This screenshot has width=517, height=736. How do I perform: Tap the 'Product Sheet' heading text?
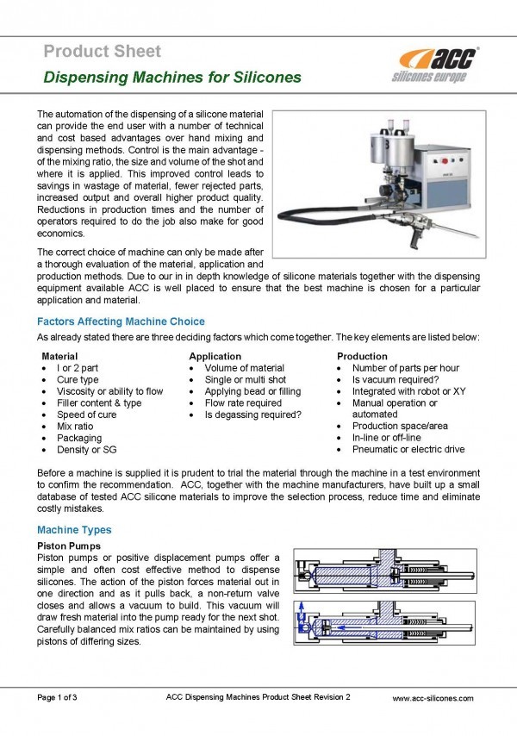(x=102, y=52)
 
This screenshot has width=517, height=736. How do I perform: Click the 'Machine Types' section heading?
(x=73, y=530)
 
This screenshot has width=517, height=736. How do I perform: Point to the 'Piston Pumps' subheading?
(x=69, y=546)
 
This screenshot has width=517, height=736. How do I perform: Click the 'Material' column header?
(x=60, y=356)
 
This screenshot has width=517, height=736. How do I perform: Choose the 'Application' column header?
(x=215, y=356)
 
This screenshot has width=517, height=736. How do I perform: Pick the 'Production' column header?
(x=362, y=356)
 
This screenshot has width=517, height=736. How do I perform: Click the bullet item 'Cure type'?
(x=78, y=379)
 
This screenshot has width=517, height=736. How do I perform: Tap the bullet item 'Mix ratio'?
(x=75, y=426)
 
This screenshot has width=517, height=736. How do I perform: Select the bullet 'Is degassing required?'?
(x=252, y=415)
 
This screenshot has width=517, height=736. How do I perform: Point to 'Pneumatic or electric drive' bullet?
(x=408, y=449)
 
